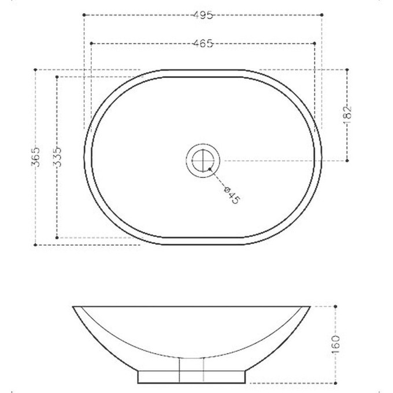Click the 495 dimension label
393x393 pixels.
pos(203,15)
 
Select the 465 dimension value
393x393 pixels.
pos(203,43)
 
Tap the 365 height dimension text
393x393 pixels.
pos(36,157)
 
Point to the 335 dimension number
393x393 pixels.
pos(57,157)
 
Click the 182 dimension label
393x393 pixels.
pos(347,115)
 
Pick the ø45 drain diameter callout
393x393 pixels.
pos(232,195)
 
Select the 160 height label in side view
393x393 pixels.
pos(336,344)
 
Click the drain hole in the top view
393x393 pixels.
pos(203,161)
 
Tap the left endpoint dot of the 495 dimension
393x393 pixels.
pos(84,15)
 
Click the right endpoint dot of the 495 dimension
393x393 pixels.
pos(322,15)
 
